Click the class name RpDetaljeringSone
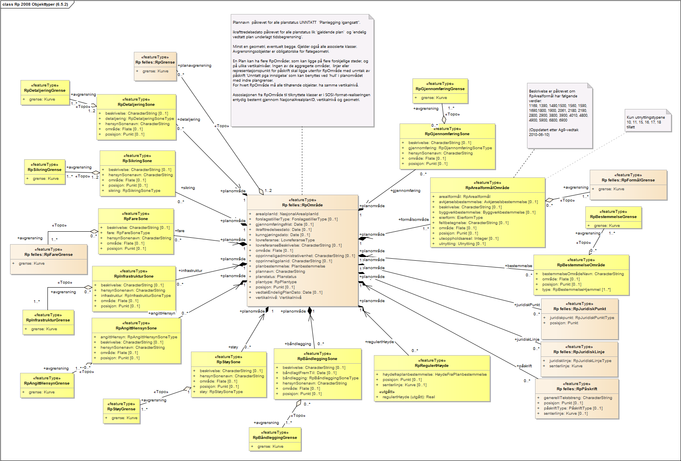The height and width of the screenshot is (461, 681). [x=136, y=105]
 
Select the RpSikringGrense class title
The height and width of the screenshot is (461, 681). [x=45, y=170]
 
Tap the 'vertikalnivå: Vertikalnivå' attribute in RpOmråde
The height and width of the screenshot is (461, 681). [x=278, y=298]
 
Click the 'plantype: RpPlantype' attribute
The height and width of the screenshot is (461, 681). [x=276, y=282]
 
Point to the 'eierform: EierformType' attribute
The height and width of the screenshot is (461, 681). [x=461, y=218]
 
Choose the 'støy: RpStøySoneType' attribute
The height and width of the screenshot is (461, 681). [x=221, y=392]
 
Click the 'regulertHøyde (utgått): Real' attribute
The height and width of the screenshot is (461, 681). [x=408, y=397]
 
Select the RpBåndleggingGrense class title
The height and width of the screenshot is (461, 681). [x=275, y=438]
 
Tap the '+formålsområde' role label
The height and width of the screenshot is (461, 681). [x=413, y=220]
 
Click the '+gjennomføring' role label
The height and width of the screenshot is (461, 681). [x=405, y=191]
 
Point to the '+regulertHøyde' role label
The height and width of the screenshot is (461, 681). [x=379, y=342]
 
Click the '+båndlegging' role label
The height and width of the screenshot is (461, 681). [x=298, y=344]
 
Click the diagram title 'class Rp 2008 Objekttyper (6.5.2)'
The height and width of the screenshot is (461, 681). [x=35, y=4]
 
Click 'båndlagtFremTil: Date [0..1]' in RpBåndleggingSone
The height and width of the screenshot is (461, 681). [x=309, y=373]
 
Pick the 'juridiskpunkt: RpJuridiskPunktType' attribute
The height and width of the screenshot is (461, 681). [x=582, y=318]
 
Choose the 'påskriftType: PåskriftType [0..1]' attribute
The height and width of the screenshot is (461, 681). [x=573, y=408]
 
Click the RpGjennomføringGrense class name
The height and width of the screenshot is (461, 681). [x=440, y=89]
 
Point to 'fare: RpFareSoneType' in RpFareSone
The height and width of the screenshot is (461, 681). [x=128, y=233]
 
